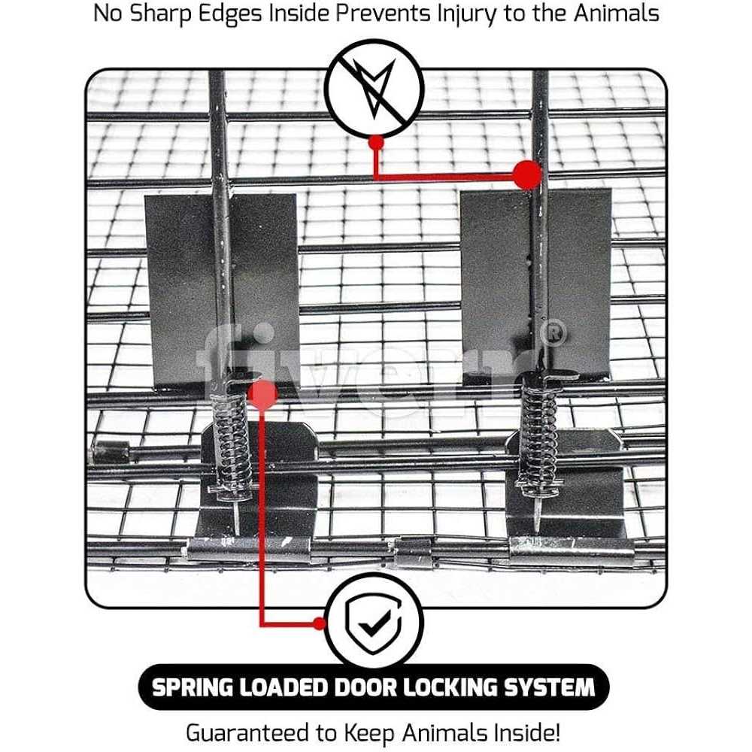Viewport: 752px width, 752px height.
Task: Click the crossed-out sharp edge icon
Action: point(374,89)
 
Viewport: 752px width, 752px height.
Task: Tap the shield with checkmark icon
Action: point(374,622)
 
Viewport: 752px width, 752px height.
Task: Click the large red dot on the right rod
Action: point(527,174)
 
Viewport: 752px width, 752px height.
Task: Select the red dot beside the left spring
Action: point(262,395)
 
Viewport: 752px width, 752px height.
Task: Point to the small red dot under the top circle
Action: point(377,142)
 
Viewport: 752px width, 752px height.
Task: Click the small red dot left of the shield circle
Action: point(320,623)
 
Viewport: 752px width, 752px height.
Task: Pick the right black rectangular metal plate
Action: point(536,282)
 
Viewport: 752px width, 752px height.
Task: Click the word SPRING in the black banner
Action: point(192,687)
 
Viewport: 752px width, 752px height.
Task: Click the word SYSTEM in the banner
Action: point(550,687)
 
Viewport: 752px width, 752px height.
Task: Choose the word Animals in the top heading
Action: point(617,13)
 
